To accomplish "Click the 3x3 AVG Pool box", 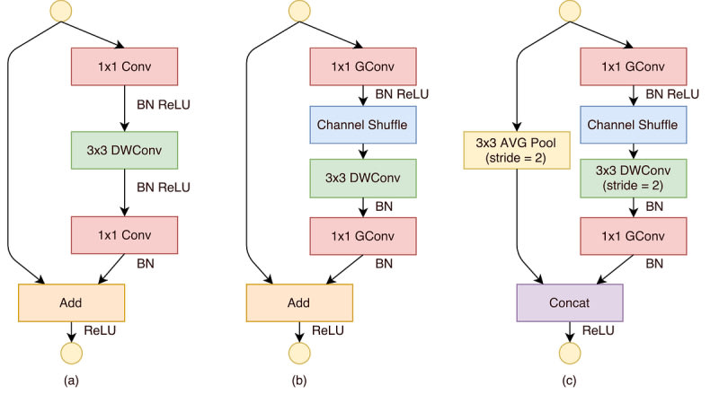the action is (517, 150).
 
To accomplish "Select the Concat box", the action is (570, 302).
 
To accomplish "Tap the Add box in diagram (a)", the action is (71, 302).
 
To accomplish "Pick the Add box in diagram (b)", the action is (299, 302).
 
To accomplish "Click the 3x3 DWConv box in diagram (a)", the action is (124, 150).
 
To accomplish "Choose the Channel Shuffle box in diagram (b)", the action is (363, 125).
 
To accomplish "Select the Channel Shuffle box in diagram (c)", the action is (634, 125).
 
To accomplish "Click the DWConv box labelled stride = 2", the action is (634, 179).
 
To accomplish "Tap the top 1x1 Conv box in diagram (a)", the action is (124, 66).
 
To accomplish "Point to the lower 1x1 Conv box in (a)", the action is (124, 235).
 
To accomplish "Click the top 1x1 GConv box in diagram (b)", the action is (363, 66).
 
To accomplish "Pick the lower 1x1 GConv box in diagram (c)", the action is (634, 236).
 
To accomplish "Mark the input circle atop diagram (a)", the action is (61, 11).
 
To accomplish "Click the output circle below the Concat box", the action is (570, 354).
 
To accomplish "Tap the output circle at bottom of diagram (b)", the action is (299, 354).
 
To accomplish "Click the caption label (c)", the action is (569, 381).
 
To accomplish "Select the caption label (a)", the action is (71, 381).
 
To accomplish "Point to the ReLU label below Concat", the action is (598, 330).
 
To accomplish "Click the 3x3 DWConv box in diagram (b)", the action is (363, 179).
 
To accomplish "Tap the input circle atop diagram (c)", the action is (570, 11).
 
